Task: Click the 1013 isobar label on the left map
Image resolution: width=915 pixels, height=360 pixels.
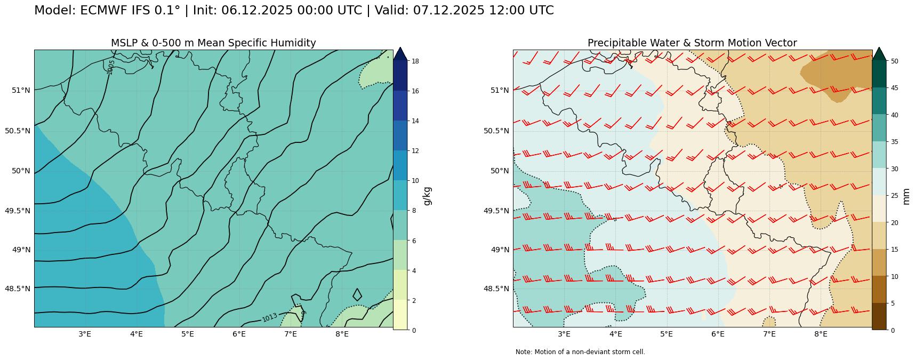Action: pyautogui.click(x=270, y=317)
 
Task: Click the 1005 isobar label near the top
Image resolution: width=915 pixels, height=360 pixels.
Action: pyautogui.click(x=110, y=67)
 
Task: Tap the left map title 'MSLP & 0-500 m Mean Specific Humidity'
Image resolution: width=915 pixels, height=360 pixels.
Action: pyautogui.click(x=213, y=43)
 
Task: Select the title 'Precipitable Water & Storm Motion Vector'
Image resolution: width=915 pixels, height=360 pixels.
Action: pyautogui.click(x=692, y=43)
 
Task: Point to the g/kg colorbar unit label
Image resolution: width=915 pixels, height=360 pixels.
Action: pyautogui.click(x=427, y=196)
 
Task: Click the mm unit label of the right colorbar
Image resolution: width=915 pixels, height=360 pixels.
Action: pyautogui.click(x=906, y=196)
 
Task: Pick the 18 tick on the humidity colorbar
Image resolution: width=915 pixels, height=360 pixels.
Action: pyautogui.click(x=415, y=61)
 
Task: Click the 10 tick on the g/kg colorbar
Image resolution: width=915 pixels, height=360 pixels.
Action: pyautogui.click(x=415, y=181)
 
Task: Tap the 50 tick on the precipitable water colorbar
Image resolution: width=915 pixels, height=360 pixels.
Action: pyautogui.click(x=894, y=61)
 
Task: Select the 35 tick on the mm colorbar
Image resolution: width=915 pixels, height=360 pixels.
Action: pyautogui.click(x=894, y=142)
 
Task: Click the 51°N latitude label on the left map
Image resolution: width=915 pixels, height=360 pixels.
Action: pyautogui.click(x=21, y=90)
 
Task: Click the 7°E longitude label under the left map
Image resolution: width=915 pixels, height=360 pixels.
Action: pyautogui.click(x=290, y=334)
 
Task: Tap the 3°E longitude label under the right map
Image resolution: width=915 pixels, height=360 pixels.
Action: pyautogui.click(x=564, y=334)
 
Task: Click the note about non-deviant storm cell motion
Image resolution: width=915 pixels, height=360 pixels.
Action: pyautogui.click(x=580, y=352)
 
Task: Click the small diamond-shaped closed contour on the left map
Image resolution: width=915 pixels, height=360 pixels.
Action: pyautogui.click(x=357, y=294)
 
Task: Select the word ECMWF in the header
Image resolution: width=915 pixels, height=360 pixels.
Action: pyautogui.click(x=103, y=11)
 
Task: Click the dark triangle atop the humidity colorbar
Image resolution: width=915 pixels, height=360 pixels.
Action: pyautogui.click(x=400, y=53)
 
